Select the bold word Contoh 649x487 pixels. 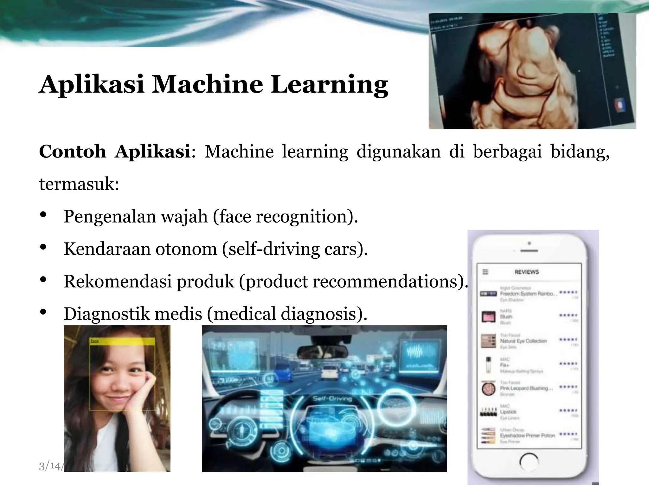(x=73, y=152)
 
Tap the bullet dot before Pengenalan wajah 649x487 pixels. (x=43, y=215)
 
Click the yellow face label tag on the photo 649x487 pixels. (x=122, y=341)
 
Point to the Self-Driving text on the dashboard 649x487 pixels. (x=332, y=399)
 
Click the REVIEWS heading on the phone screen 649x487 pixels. (x=527, y=272)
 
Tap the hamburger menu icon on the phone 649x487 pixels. (x=485, y=272)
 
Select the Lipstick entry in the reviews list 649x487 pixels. (x=508, y=412)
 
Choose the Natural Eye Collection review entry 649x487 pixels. (x=523, y=341)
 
